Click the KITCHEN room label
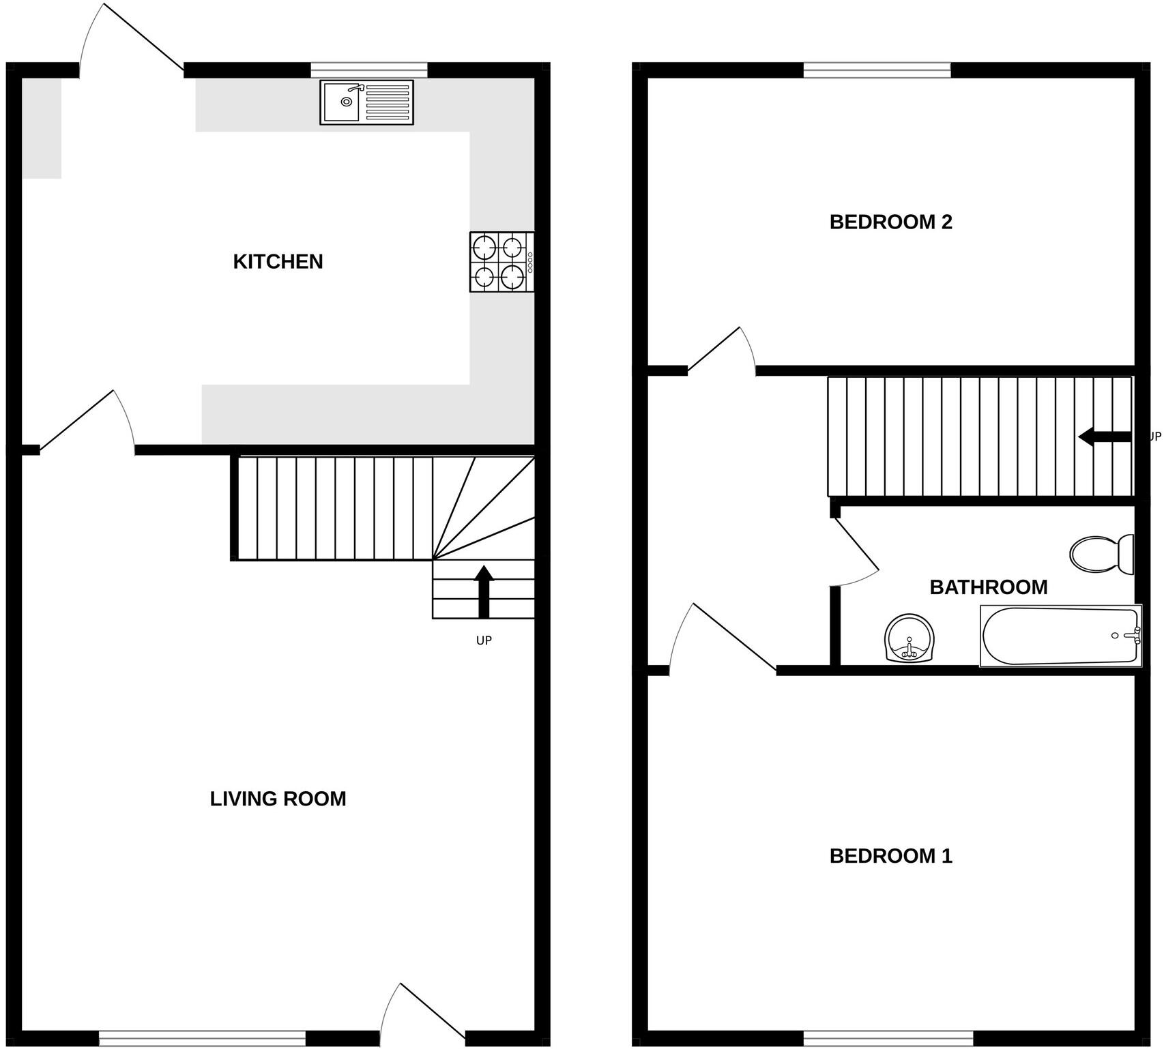pos(278,261)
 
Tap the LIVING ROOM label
pos(278,799)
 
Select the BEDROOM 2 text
pos(890,222)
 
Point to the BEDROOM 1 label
pos(890,856)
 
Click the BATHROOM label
pos(988,587)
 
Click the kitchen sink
pos(366,102)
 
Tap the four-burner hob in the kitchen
pos(501,262)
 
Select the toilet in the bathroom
pos(1101,554)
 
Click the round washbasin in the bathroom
pos(910,638)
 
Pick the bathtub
pos(1060,636)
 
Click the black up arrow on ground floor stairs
pos(484,591)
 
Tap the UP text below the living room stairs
pos(484,640)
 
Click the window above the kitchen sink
pos(369,70)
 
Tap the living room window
pos(202,1039)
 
